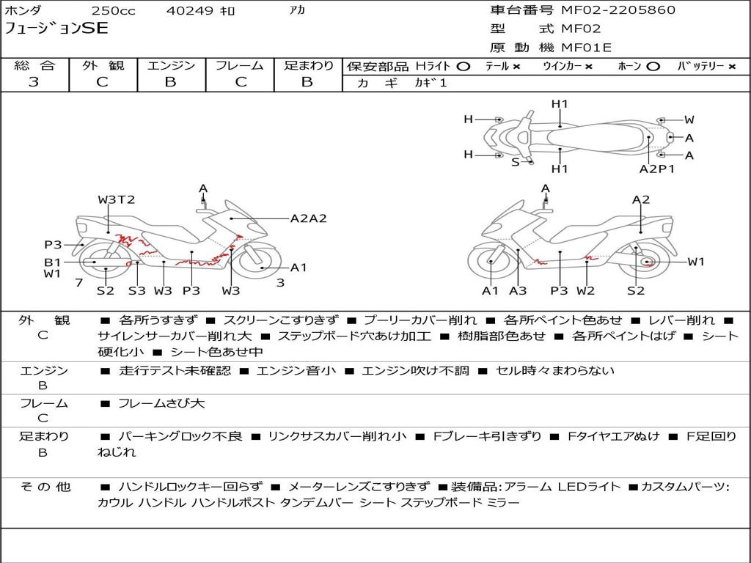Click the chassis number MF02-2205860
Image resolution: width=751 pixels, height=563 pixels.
[x=618, y=10]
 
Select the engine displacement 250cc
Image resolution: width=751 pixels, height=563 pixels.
[x=114, y=10]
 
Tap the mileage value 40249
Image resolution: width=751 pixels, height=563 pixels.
[x=189, y=10]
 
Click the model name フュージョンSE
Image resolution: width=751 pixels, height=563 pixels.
[x=56, y=29]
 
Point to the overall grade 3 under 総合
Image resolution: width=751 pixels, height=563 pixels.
[x=34, y=82]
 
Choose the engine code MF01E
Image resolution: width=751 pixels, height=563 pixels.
[x=587, y=48]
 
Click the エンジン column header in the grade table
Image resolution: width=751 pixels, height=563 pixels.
[x=171, y=65]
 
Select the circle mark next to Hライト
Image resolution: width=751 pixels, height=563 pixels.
[x=464, y=67]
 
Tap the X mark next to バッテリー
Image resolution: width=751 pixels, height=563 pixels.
[x=732, y=67]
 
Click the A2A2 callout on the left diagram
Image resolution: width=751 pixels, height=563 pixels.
[x=309, y=218]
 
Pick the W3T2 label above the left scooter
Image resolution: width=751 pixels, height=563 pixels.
[x=117, y=199]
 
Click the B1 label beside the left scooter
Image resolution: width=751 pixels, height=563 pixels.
[x=53, y=262]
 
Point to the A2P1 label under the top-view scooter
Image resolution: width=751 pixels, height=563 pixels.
[x=657, y=169]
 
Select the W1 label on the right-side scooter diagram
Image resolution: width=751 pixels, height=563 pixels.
[x=697, y=262]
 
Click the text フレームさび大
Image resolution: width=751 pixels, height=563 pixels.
[x=161, y=404]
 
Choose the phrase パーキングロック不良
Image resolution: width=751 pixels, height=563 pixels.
[x=180, y=437]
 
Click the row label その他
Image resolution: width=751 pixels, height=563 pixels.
[x=45, y=487]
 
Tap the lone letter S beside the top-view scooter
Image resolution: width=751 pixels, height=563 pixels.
[x=516, y=162]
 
